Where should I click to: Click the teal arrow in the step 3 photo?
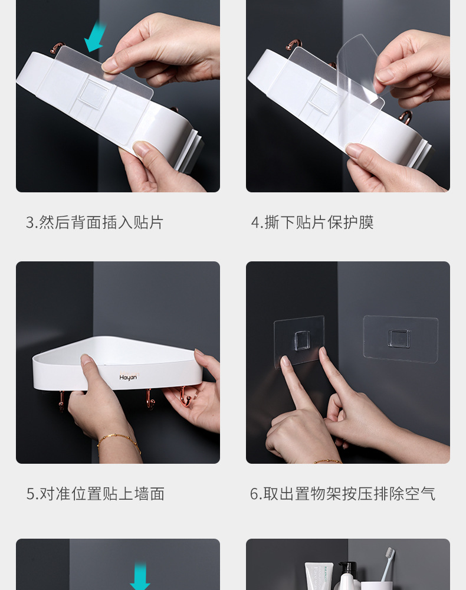pos(95,37)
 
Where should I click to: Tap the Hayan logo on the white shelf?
pos(128,377)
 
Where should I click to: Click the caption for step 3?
pos(94,222)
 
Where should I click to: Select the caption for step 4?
pos(312,222)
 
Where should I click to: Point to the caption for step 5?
pos(95,494)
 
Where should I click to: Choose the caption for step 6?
pos(343,494)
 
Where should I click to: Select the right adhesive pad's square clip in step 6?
pos(399,338)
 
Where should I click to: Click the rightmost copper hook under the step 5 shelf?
pos(185,398)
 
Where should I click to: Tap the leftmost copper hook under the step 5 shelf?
pos(61,400)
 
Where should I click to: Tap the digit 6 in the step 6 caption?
pos(254,494)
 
